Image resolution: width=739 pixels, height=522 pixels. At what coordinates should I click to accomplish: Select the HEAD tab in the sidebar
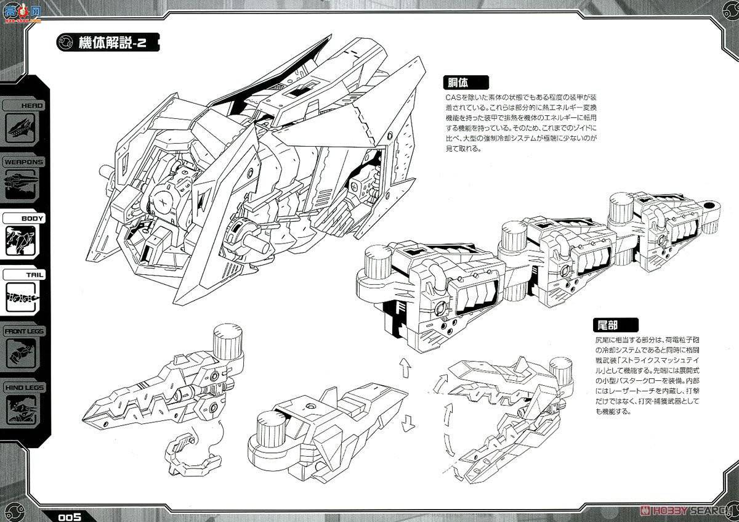pos(25,105)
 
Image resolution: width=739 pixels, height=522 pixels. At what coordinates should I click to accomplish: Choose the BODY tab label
pos(32,218)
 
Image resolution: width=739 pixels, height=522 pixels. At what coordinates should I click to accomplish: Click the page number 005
pos(71,516)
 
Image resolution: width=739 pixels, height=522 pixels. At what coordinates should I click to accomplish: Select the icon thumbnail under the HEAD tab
pos(23,129)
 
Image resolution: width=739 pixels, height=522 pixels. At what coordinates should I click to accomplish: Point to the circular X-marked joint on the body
pos(163,202)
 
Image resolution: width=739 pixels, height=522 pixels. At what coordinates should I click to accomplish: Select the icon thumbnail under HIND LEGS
pos(23,412)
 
